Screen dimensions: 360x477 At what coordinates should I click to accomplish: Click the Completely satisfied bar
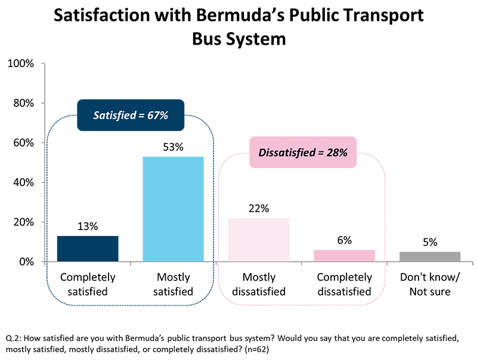[88, 249]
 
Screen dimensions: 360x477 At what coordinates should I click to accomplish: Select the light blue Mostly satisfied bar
[173, 209]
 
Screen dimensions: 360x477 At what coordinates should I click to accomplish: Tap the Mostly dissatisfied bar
[258, 240]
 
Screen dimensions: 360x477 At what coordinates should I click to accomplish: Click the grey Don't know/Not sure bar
[430, 256]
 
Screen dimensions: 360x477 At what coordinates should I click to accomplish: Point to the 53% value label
[173, 146]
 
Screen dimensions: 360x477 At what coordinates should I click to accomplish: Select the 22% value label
[258, 208]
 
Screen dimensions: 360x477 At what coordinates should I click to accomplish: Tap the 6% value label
[344, 240]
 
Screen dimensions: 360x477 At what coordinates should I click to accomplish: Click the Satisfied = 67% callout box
[131, 115]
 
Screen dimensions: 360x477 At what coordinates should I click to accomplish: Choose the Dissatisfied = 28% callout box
[302, 153]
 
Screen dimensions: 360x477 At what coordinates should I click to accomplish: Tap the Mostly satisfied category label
[173, 284]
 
